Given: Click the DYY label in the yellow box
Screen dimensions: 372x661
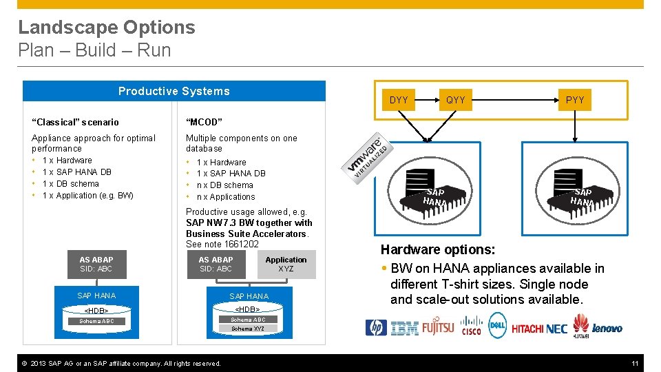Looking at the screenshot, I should point(399,100).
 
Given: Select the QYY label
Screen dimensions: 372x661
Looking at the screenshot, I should point(456,100).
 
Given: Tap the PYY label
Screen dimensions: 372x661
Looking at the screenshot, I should point(575,100).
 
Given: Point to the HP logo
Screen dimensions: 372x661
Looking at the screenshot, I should point(377,328).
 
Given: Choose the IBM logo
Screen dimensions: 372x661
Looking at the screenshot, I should point(404,329).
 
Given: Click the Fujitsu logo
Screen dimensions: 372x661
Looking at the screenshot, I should point(439,327).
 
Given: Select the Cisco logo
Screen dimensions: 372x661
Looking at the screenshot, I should point(472,325).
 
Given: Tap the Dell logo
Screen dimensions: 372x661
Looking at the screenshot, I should point(497,324).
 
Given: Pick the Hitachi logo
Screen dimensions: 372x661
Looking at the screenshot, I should point(527,329).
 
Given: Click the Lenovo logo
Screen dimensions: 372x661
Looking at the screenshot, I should point(607,328).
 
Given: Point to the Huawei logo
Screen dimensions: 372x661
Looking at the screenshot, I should point(580,326).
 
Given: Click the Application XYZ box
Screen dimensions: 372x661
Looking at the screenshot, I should point(286,265).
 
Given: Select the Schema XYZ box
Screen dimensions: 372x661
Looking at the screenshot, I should point(247,329).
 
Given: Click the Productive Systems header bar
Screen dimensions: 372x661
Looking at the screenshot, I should point(174,92).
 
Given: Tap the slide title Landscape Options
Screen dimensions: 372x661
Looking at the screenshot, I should point(107,28).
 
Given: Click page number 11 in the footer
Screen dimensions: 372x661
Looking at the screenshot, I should point(636,363).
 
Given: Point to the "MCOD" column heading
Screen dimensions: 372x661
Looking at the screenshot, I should point(204,122).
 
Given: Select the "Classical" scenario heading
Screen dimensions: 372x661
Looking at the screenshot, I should point(75,122).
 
